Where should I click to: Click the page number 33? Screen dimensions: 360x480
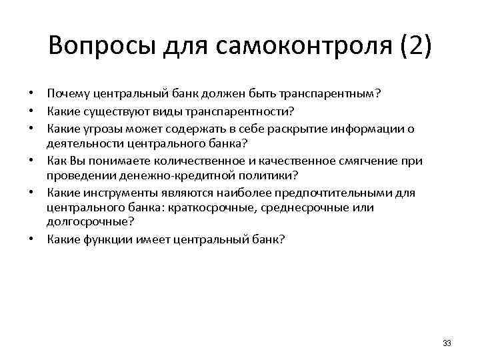point(447,343)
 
